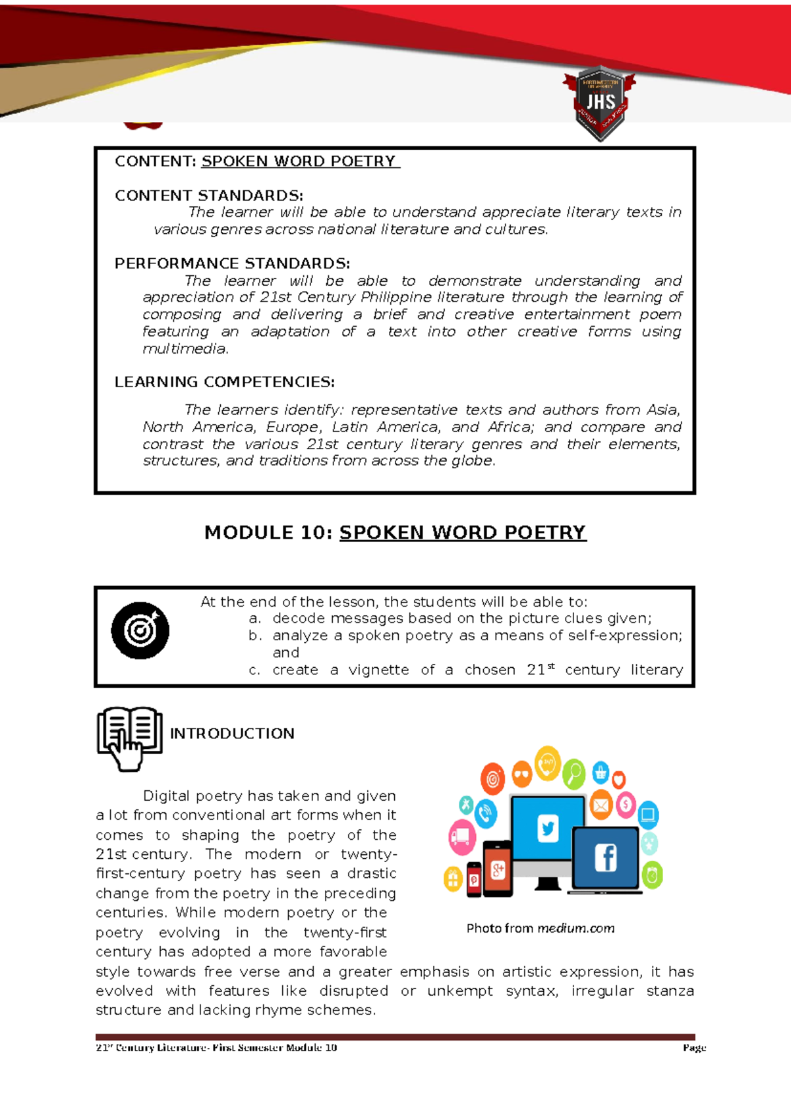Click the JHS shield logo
pos(600,103)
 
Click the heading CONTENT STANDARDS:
pos(208,196)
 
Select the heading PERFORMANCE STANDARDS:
pos(232,263)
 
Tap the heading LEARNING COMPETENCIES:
pos(224,382)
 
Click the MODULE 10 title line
pos(395,532)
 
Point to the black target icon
pos(140,630)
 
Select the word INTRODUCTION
pos(232,734)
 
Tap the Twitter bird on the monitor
pos(548,828)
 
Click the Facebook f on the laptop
pos(605,858)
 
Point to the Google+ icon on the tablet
pos(498,871)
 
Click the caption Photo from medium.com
pos(540,928)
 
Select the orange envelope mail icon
pos(601,805)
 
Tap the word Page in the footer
pos(694,1048)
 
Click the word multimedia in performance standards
pos(185,349)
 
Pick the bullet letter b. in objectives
pos(255,636)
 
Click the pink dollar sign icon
pos(626,804)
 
